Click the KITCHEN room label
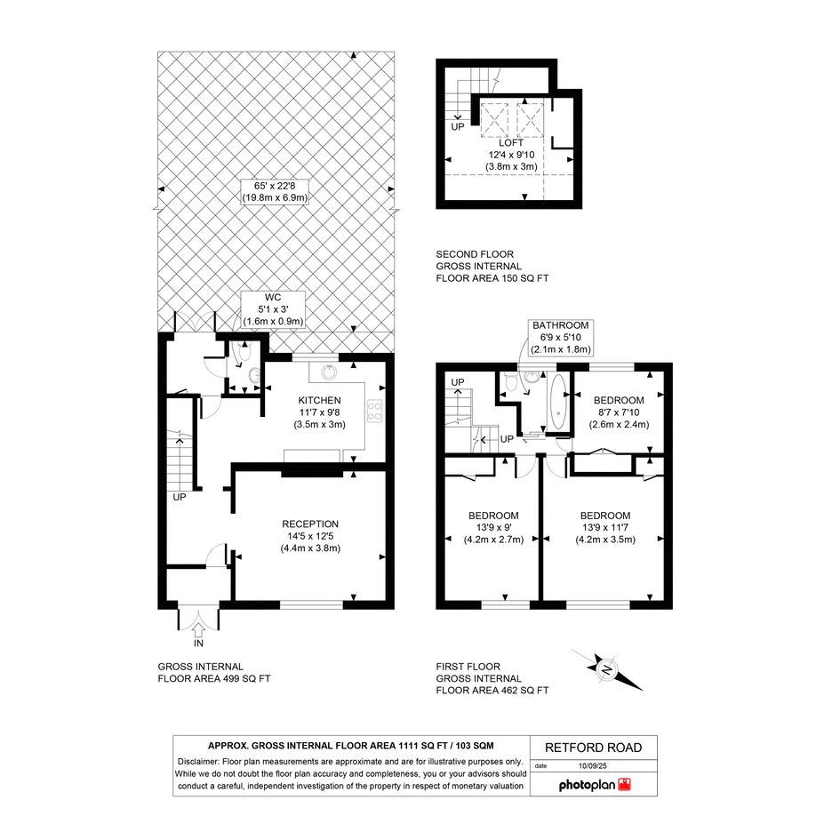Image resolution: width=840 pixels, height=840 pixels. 319,400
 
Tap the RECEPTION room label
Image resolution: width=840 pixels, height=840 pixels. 310,524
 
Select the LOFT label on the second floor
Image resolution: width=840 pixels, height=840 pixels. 511,143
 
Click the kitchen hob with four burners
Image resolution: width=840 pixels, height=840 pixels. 374,411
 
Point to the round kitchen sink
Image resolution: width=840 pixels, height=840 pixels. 328,372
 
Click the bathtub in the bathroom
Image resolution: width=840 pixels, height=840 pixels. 558,403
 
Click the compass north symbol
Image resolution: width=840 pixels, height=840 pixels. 607,669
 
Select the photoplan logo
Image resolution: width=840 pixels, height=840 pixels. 595,785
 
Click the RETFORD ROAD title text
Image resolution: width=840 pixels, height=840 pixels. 593,748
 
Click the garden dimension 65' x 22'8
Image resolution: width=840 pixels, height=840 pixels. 275,186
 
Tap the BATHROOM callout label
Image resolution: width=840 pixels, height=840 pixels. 560,325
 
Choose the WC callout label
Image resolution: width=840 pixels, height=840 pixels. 273,297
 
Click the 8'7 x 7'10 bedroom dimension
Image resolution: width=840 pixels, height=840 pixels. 619,412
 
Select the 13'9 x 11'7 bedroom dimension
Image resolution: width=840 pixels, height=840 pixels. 605,528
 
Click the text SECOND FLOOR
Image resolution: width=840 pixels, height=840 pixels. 475,254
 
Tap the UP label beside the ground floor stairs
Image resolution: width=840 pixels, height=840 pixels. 180,497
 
